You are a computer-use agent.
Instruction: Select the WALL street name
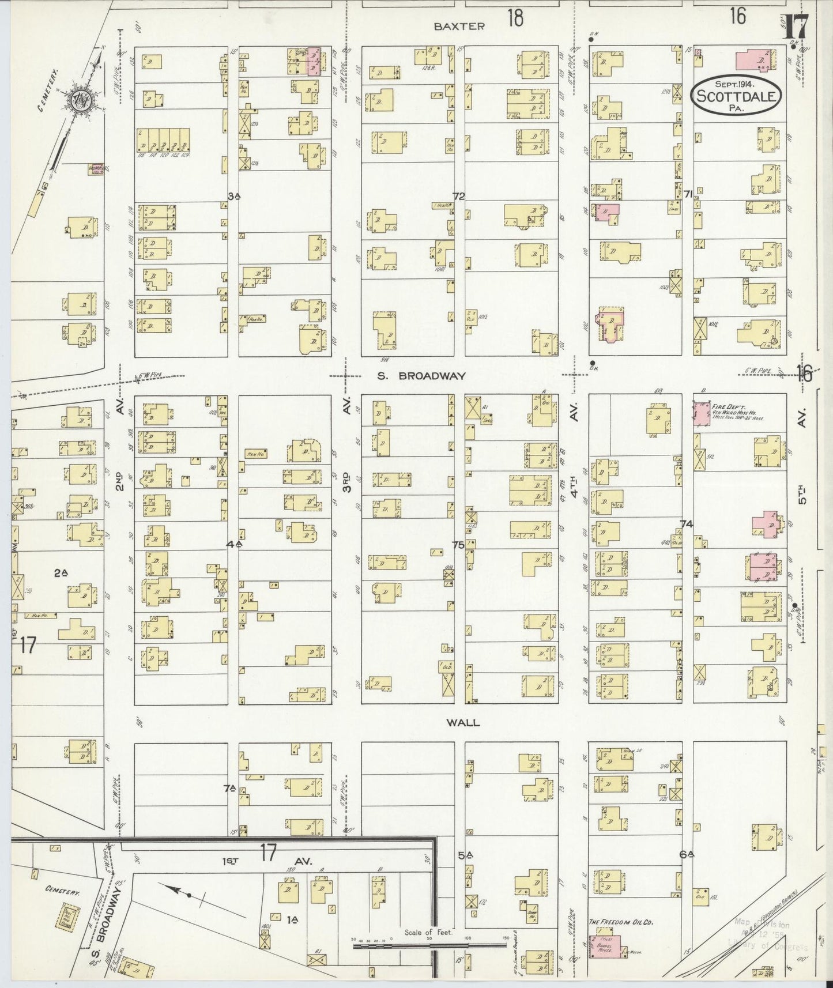pos(464,722)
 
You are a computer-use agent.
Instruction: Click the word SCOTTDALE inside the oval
pos(735,96)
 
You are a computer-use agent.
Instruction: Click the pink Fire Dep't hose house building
pos(702,415)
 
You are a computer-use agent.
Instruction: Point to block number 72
pos(458,197)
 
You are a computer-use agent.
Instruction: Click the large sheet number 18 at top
pos(515,18)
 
